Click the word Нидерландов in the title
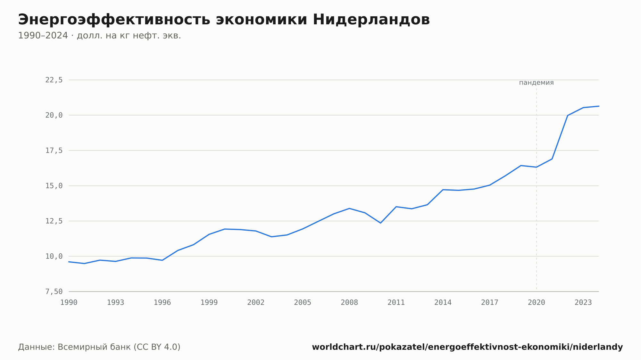click(371, 20)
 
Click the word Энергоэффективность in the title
click(114, 20)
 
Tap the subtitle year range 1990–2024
click(43, 36)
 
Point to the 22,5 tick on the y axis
click(54, 80)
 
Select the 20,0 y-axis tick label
click(54, 115)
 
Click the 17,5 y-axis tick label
click(54, 151)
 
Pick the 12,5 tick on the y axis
click(54, 221)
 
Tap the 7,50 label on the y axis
click(54, 291)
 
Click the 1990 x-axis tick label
click(69, 303)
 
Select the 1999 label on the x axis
click(209, 303)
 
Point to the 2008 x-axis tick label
click(349, 303)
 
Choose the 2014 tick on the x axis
click(443, 303)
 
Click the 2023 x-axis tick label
click(583, 303)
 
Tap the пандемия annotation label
click(537, 83)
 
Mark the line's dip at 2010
click(380, 223)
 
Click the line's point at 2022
click(568, 115)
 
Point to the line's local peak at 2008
click(349, 209)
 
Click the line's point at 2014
click(443, 190)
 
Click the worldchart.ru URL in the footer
click(467, 347)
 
